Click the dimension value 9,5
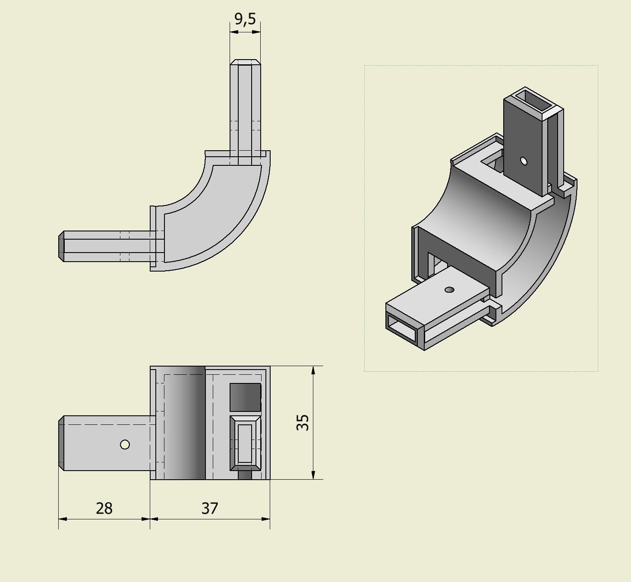click(245, 19)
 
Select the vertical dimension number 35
click(303, 422)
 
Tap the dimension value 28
click(104, 508)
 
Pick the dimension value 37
click(210, 508)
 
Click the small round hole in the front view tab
click(125, 445)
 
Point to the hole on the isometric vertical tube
click(524, 161)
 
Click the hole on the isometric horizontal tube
click(449, 290)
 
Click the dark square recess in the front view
click(245, 397)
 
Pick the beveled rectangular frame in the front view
click(245, 443)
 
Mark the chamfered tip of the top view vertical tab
click(245, 62)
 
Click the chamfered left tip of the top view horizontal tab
click(61, 246)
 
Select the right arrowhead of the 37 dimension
click(266, 519)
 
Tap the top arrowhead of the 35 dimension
click(313, 370)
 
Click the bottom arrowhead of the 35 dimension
click(313, 475)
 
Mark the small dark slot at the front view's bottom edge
click(245, 475)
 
